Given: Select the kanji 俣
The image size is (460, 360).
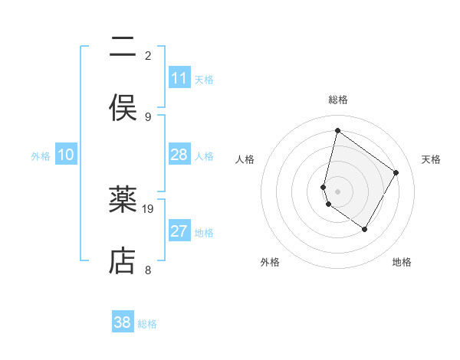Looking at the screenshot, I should [x=123, y=108].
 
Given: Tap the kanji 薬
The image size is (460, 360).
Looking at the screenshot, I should [x=123, y=201].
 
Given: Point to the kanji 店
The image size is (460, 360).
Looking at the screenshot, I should [x=123, y=261].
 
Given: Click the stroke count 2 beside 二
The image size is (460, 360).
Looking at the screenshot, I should [x=148, y=55].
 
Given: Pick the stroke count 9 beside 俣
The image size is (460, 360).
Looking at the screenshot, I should [x=148, y=116].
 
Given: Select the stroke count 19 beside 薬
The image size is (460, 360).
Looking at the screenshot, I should [x=149, y=208].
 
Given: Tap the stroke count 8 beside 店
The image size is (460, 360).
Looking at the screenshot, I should [x=148, y=270].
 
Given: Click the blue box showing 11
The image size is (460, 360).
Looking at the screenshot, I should [x=179, y=78].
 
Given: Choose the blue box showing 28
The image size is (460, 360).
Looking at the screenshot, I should [x=179, y=155].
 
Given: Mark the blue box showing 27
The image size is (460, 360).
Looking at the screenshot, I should [x=179, y=231].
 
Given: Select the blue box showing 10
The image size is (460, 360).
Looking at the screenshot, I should [x=66, y=155].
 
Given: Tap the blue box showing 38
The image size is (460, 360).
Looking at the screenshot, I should [x=123, y=322].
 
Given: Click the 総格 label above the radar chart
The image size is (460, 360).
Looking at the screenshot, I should [x=338, y=100].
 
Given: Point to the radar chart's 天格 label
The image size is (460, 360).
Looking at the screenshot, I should [x=431, y=159].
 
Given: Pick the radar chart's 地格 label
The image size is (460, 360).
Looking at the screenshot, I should [x=402, y=262].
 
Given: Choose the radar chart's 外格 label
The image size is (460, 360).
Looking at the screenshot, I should [x=270, y=262].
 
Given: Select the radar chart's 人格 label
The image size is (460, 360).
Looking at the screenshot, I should [x=245, y=159].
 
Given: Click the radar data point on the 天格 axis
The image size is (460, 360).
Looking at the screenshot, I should [x=396, y=172].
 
